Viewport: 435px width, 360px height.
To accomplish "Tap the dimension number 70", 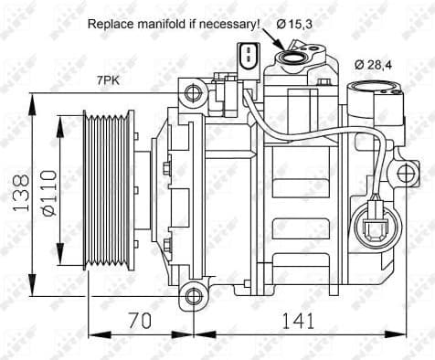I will tap(139, 322).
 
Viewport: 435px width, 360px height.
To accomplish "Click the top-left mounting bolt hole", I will tap(191, 93).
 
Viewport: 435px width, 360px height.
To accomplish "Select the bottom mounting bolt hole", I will tap(191, 295).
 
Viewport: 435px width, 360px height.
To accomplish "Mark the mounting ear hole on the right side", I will tap(406, 175).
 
